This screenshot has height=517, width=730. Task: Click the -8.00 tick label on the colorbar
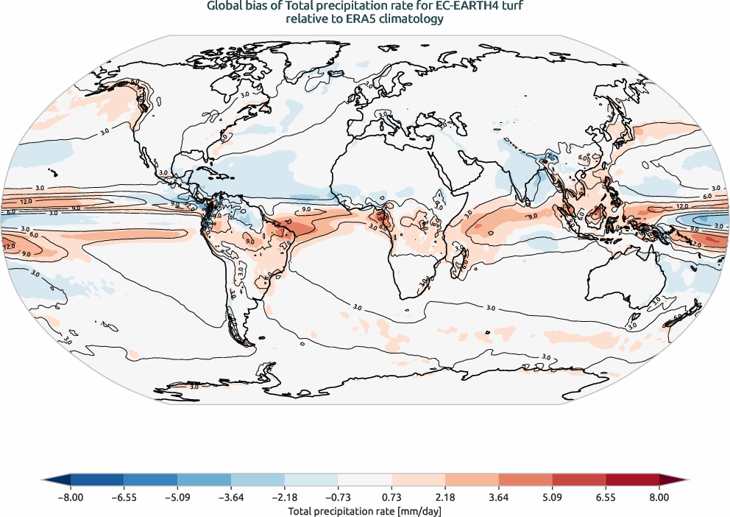[x=70, y=497]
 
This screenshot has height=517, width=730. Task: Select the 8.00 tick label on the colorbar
[x=659, y=497]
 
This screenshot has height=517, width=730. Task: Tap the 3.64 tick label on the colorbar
[x=499, y=497]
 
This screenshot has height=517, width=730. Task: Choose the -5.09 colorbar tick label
[x=177, y=497]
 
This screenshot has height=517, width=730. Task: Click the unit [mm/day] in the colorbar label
[x=419, y=510]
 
